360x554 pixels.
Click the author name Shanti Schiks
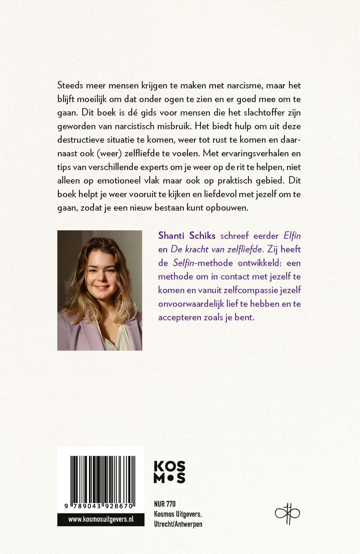coord(187,236)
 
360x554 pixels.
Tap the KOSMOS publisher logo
coord(169,472)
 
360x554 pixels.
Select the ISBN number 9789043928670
coord(99,506)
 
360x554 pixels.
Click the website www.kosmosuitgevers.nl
coord(101,520)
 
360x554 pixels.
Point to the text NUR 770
coord(165,504)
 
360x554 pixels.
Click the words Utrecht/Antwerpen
coord(178,524)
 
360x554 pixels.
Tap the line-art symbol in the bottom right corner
coord(287,514)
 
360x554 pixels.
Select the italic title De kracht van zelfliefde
coord(217,249)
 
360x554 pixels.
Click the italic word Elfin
coord(292,236)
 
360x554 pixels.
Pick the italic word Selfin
coord(183,263)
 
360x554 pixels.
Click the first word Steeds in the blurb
coord(70,85)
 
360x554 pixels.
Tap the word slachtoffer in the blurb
coord(259,113)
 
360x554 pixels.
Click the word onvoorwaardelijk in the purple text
coord(198,304)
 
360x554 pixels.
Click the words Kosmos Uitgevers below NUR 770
coord(178,514)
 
